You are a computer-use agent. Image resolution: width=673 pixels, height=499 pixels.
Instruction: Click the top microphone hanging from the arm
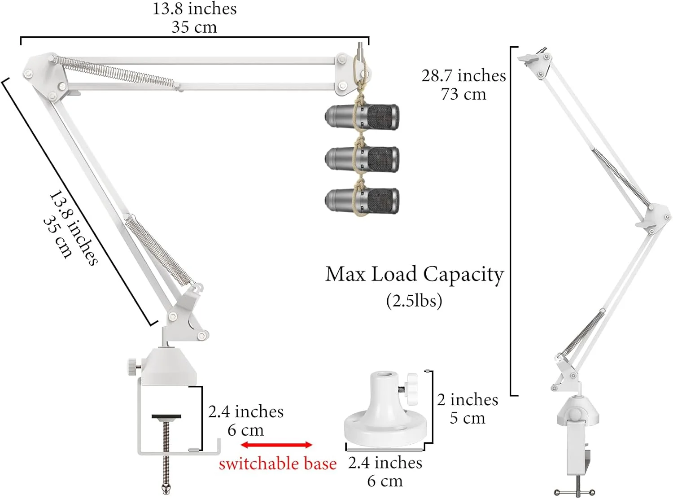coord(362,117)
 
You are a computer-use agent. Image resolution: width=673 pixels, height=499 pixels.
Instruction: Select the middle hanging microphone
coord(362,159)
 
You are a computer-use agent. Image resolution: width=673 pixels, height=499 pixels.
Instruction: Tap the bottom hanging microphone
coord(362,201)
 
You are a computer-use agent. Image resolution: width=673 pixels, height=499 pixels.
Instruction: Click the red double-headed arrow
coord(276,445)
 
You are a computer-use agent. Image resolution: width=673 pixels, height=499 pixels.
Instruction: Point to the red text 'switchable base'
coord(277,464)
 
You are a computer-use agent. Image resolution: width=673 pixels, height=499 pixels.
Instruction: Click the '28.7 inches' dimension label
coord(463,75)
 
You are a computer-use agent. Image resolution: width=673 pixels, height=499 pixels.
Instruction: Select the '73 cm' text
coord(463,94)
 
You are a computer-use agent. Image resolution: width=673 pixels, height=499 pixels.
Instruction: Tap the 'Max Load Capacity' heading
coord(415,274)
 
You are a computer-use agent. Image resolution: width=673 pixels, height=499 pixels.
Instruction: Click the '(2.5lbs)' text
coord(414,300)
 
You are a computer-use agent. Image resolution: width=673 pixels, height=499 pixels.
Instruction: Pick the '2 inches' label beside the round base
coord(468,399)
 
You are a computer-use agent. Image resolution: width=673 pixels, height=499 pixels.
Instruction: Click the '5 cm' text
coord(468,418)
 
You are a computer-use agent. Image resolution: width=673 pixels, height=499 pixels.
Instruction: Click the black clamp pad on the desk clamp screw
coord(166,416)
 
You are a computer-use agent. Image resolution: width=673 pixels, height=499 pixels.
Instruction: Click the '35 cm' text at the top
coord(194,27)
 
